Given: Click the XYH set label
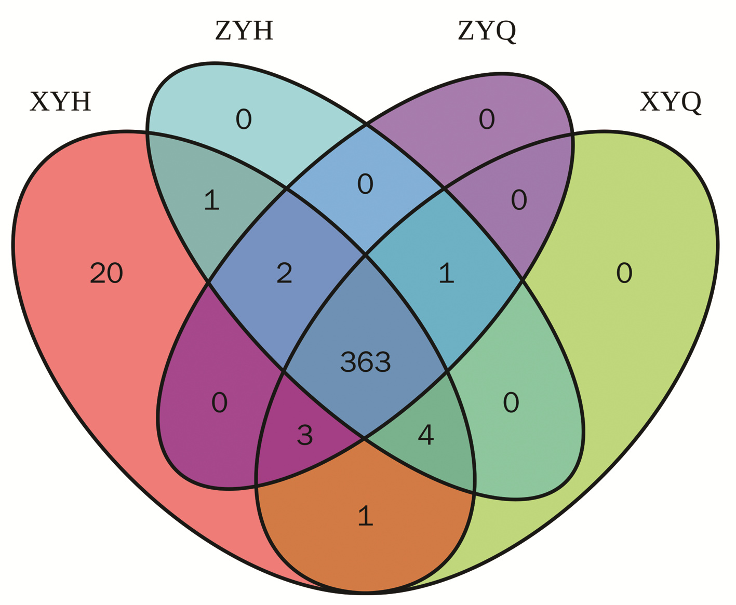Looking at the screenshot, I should tap(61, 102).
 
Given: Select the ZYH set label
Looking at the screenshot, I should tap(244, 31).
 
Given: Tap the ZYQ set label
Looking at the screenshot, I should tap(487, 31).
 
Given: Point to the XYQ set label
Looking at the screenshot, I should tap(671, 102).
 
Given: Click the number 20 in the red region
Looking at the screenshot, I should tap(106, 273).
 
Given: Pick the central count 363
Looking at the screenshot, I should tap(365, 362).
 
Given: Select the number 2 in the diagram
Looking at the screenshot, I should tap(284, 273).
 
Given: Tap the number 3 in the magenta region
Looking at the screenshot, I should tap(305, 435).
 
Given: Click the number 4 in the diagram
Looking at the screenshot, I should tap(425, 435).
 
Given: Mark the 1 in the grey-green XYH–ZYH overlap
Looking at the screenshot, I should tap(211, 200).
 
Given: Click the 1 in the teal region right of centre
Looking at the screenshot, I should tap(446, 273).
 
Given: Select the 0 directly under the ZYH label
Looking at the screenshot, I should tap(244, 119).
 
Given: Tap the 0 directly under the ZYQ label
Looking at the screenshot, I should tap(487, 119).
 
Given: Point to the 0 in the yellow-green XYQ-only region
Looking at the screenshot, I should tap(624, 273).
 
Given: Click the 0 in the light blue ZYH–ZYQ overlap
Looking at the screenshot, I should tap(365, 184).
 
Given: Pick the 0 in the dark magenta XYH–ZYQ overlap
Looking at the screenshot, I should tap(219, 403).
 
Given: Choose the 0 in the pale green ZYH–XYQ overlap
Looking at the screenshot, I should tap(511, 403).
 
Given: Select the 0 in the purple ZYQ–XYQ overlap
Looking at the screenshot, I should tap(519, 200).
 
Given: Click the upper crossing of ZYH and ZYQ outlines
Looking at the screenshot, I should tap(366, 124).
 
